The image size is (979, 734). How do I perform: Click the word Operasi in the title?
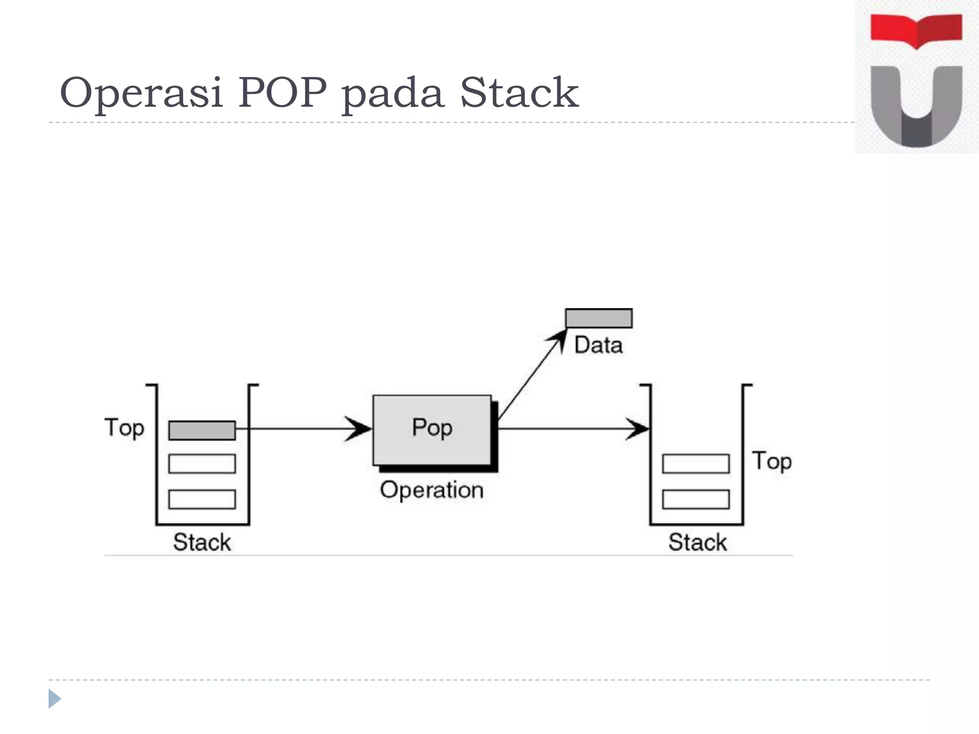pyautogui.click(x=141, y=93)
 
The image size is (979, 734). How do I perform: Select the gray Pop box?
pyautogui.click(x=432, y=429)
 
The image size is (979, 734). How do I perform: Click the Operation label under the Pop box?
pyautogui.click(x=432, y=490)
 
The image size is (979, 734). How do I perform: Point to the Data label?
pyautogui.click(x=598, y=345)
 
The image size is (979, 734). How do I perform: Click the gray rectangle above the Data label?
pyautogui.click(x=598, y=318)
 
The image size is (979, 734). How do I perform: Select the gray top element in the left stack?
pyautogui.click(x=202, y=430)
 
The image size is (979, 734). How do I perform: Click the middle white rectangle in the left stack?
pyautogui.click(x=202, y=464)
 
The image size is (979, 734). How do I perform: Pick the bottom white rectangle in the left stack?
pyautogui.click(x=202, y=499)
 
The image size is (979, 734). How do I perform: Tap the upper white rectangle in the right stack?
pyautogui.click(x=696, y=464)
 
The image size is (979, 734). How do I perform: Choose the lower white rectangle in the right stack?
pyautogui.click(x=696, y=499)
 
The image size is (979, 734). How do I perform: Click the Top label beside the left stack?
pyautogui.click(x=124, y=428)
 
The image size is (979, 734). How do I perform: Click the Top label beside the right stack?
pyautogui.click(x=772, y=462)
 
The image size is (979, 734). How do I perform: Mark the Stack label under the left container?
pyautogui.click(x=202, y=542)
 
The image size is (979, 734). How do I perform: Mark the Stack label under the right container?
pyautogui.click(x=697, y=542)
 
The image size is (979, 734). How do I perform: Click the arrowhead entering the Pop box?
pyautogui.click(x=359, y=429)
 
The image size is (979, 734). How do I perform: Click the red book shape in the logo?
pyautogui.click(x=916, y=30)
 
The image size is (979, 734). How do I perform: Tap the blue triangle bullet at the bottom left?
pyautogui.click(x=54, y=699)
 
